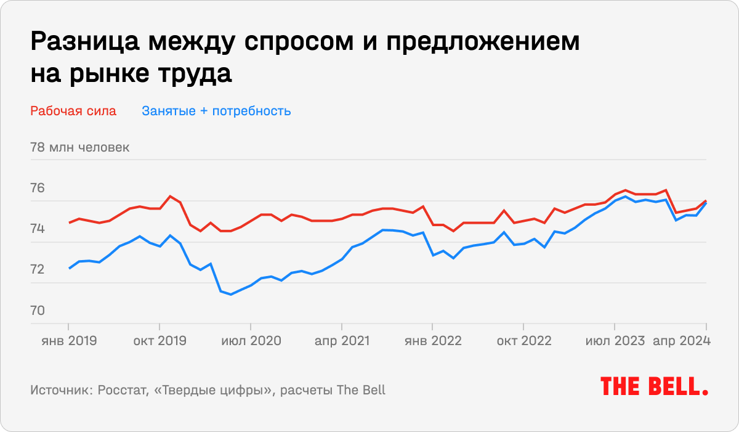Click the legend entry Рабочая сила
click(x=73, y=112)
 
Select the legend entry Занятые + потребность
click(x=216, y=112)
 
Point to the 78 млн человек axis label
click(x=79, y=148)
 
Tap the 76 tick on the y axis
click(x=38, y=189)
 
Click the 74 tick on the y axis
click(x=38, y=229)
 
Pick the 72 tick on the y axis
click(x=38, y=270)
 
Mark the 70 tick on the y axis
click(x=38, y=311)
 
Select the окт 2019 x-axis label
click(x=160, y=341)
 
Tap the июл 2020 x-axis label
click(x=251, y=341)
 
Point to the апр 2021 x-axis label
click(x=341, y=341)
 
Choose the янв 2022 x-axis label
click(x=432, y=341)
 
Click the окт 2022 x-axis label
click(x=523, y=341)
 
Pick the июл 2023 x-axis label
click(x=614, y=341)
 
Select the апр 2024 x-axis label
click(x=682, y=341)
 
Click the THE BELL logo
click(x=654, y=386)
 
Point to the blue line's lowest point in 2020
click(x=231, y=295)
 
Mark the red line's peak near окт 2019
click(x=170, y=196)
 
